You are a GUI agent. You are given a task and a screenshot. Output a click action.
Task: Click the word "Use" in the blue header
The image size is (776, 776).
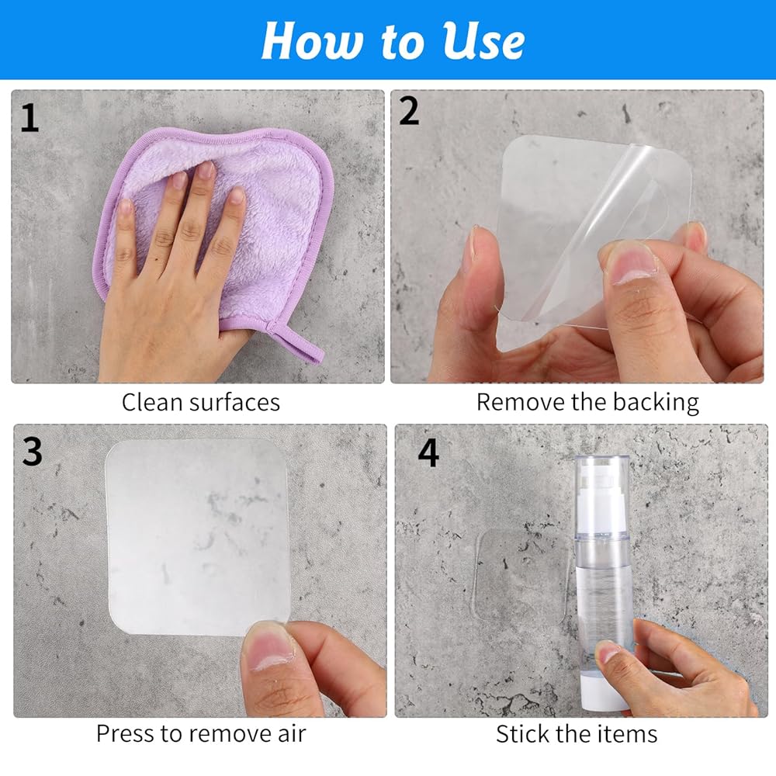point(483,41)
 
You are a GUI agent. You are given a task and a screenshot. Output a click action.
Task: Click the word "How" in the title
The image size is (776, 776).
point(311,41)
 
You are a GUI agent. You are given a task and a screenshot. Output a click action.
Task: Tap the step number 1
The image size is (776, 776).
point(29,118)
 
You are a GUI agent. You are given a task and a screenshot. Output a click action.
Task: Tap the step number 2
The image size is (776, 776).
point(409,111)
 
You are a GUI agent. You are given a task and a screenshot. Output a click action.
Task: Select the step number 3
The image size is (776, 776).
point(32,451)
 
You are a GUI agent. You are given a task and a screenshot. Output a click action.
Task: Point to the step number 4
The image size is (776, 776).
point(428,452)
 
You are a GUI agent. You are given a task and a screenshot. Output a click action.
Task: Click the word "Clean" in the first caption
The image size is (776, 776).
point(152,402)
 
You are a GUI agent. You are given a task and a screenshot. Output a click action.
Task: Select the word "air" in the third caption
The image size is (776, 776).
point(292,733)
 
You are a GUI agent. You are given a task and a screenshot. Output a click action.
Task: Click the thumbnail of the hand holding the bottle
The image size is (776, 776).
point(608,653)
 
